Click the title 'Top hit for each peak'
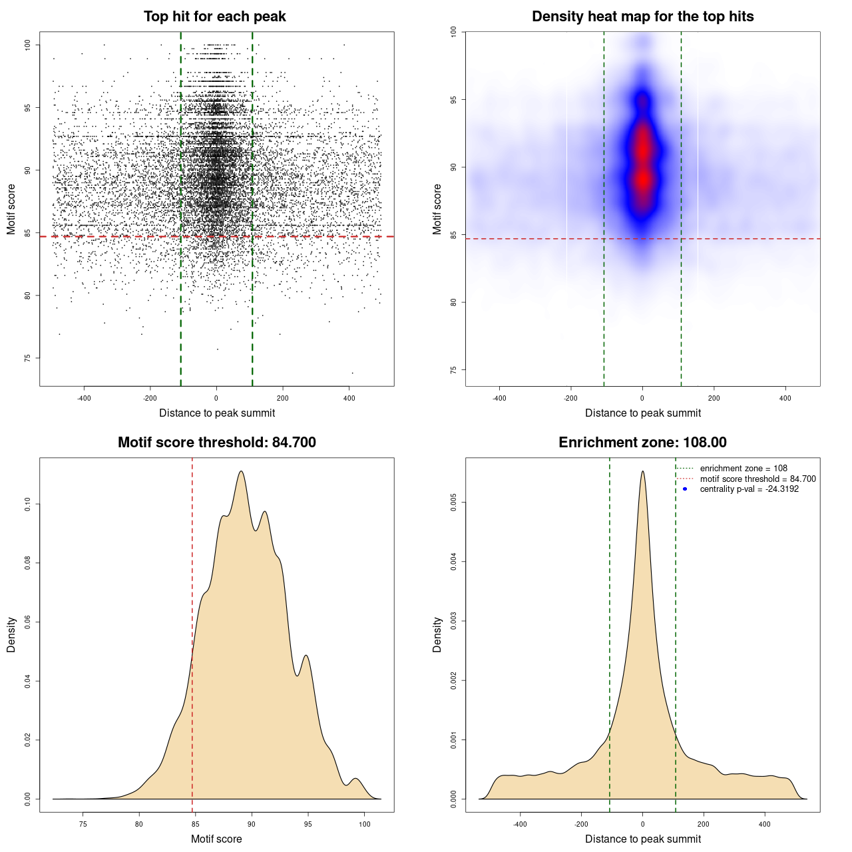tap(214, 17)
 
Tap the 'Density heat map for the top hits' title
tap(642, 17)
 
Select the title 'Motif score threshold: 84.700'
tap(216, 443)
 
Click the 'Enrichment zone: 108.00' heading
tap(642, 443)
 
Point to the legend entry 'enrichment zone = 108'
tap(744, 469)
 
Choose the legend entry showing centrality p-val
tap(749, 489)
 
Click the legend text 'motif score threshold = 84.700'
tap(757, 479)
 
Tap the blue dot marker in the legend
tap(685, 489)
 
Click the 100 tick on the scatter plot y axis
tap(28, 45)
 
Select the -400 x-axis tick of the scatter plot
tap(84, 398)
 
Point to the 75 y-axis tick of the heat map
tap(454, 370)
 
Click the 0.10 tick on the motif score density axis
tap(28, 504)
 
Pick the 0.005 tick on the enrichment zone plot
tap(454, 502)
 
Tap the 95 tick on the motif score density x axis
tap(308, 824)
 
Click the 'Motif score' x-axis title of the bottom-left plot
tap(216, 839)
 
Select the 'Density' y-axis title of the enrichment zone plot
tap(437, 634)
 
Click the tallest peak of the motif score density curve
tap(241, 471)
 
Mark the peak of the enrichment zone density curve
tap(642, 471)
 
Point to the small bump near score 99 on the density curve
tap(356, 778)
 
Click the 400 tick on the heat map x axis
tap(785, 398)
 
